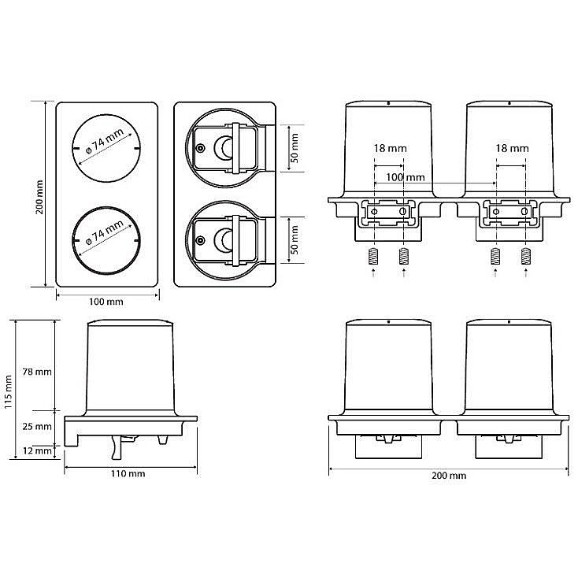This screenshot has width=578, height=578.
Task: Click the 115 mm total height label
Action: pyautogui.click(x=9, y=392)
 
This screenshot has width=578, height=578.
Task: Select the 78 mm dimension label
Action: pyautogui.click(x=37, y=372)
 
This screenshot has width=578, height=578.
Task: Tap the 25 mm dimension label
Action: pyautogui.click(x=37, y=427)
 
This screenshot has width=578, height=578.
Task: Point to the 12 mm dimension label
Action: pyautogui.click(x=37, y=450)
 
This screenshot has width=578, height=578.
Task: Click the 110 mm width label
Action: pyautogui.click(x=128, y=474)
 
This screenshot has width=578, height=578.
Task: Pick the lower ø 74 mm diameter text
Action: pyautogui.click(x=104, y=233)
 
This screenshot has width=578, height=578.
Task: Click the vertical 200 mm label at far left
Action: pyautogui.click(x=39, y=197)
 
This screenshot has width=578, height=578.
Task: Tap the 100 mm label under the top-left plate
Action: pyautogui.click(x=106, y=302)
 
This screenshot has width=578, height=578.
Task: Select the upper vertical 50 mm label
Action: pyautogui.click(x=295, y=148)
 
